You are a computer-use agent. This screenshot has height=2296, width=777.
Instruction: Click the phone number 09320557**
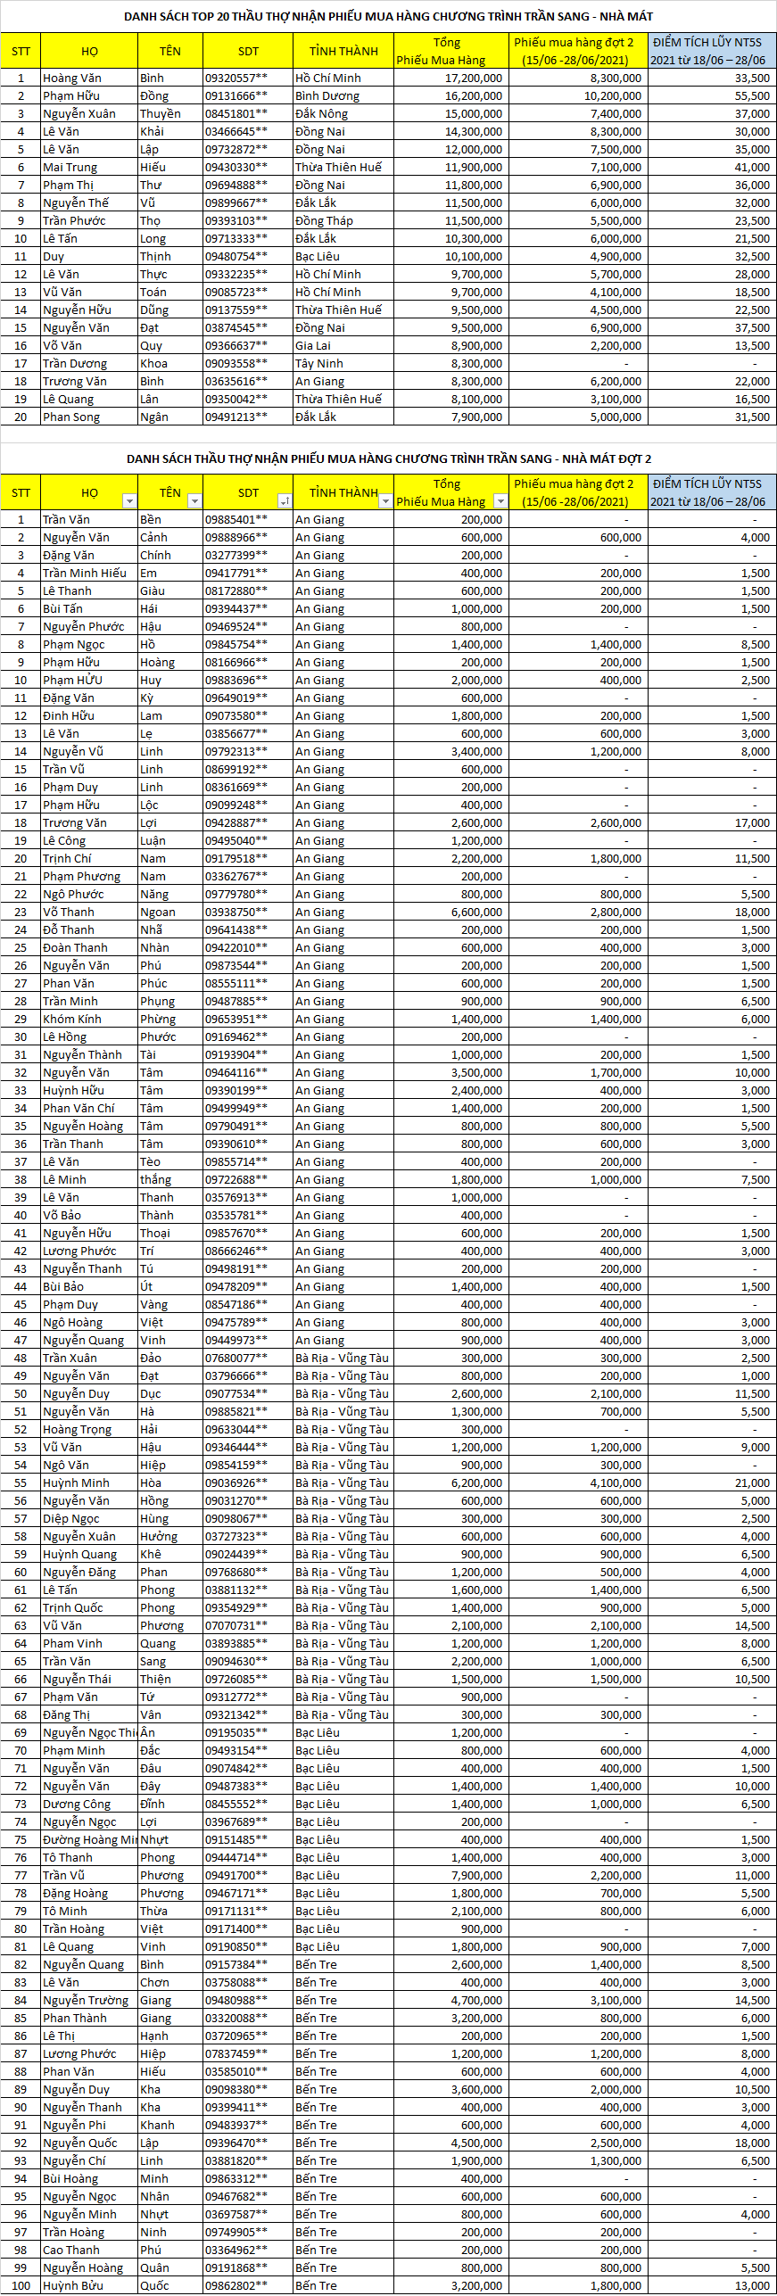click(236, 78)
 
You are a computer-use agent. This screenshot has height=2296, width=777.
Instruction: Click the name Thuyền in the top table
click(161, 114)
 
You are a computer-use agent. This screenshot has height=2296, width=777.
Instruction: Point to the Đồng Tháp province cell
click(324, 221)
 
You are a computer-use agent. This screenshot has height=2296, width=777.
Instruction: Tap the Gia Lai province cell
click(313, 346)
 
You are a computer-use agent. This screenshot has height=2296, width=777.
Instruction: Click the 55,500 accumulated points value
click(752, 96)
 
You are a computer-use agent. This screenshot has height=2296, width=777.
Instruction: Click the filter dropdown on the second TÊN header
click(194, 501)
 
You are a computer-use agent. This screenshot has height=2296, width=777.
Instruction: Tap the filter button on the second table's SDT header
click(285, 501)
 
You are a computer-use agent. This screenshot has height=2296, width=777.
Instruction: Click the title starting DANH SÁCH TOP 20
click(388, 16)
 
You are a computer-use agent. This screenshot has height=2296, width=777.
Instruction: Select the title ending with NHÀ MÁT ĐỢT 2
click(388, 458)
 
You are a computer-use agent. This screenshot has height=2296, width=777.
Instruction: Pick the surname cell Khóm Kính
click(72, 1019)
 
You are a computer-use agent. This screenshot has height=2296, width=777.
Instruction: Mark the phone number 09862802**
click(236, 2285)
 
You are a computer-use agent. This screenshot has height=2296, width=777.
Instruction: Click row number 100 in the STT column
click(21, 2285)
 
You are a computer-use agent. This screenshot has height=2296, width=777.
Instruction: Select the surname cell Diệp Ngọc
click(71, 1518)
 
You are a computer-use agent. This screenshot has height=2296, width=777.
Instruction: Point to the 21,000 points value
click(752, 1482)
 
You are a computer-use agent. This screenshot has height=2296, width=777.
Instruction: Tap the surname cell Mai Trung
click(70, 168)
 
